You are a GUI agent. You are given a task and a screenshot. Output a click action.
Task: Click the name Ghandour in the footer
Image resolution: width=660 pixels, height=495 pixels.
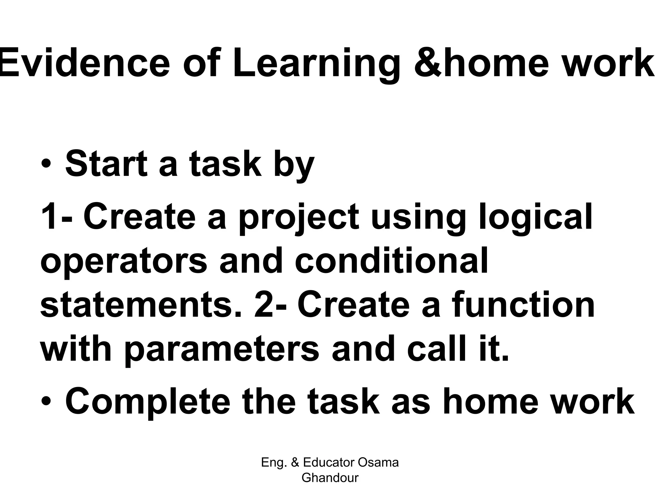click(x=330, y=478)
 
